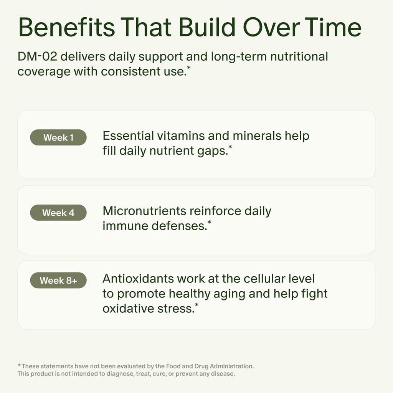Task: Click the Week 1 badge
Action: coord(58,137)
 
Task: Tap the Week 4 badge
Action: coord(58,213)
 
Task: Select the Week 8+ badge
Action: coord(58,281)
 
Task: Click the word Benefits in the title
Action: coord(66,28)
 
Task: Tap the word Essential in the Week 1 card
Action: coord(128,136)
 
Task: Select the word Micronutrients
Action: coord(145,211)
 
